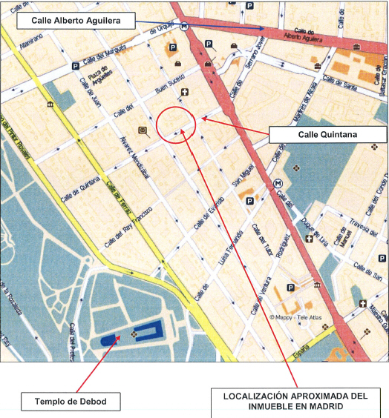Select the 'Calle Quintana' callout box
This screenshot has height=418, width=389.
(327, 134)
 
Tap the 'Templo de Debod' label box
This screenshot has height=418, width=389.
(71, 402)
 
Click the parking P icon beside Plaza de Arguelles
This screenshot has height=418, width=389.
(75, 67)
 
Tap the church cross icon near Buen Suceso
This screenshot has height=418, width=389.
(185, 93)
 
